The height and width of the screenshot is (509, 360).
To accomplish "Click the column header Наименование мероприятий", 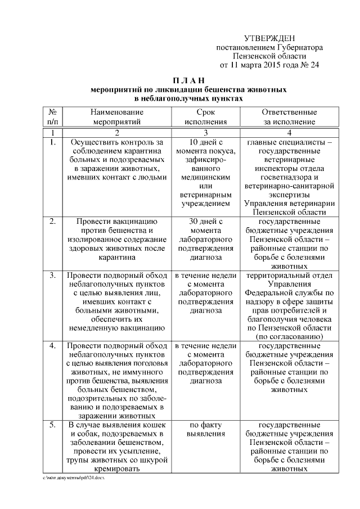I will (117, 116).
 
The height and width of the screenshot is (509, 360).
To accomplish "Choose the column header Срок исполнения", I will (206, 116).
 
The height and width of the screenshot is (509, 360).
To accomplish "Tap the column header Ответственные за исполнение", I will (289, 116).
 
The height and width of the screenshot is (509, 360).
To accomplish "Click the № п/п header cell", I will (52, 116).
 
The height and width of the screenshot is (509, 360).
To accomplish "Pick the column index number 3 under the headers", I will (206, 133).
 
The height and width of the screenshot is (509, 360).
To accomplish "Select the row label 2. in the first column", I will (52, 222).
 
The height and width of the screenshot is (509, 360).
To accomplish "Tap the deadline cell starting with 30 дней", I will (206, 239).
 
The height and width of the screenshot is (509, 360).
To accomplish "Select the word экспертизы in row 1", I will (289, 194).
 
